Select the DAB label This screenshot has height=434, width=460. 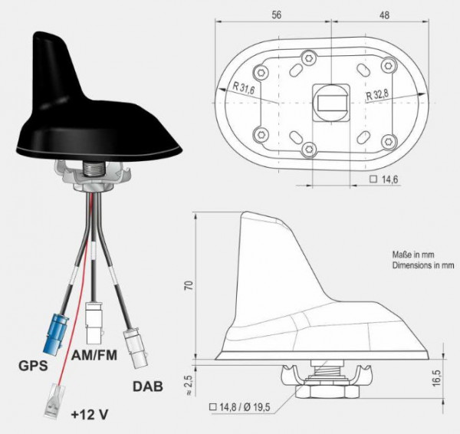[147, 387]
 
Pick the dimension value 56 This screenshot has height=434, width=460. [277, 14]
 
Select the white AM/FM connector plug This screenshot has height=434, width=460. [95, 317]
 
